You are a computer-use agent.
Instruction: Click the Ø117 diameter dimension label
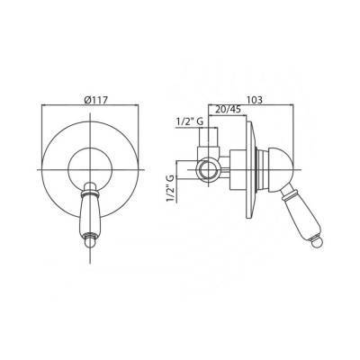point(95,100)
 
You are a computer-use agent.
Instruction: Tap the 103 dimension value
point(254,100)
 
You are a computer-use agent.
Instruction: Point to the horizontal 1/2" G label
point(190,121)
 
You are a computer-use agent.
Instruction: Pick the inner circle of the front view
point(68,170)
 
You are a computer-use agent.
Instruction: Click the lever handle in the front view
point(90,215)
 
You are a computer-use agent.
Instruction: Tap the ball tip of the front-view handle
point(90,243)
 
